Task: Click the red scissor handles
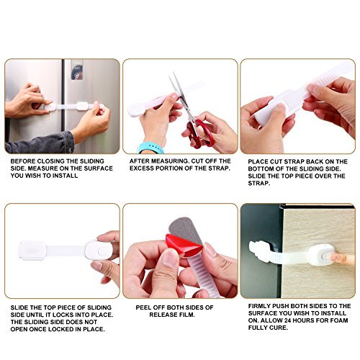tap(199, 135)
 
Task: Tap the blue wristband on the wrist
tap(150, 148)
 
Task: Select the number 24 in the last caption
tap(288, 320)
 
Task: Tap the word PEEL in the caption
tap(143, 307)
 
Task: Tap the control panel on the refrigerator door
tap(77, 70)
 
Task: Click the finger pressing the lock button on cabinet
tap(341, 258)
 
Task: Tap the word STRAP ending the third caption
tap(259, 183)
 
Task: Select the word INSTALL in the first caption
tap(66, 176)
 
